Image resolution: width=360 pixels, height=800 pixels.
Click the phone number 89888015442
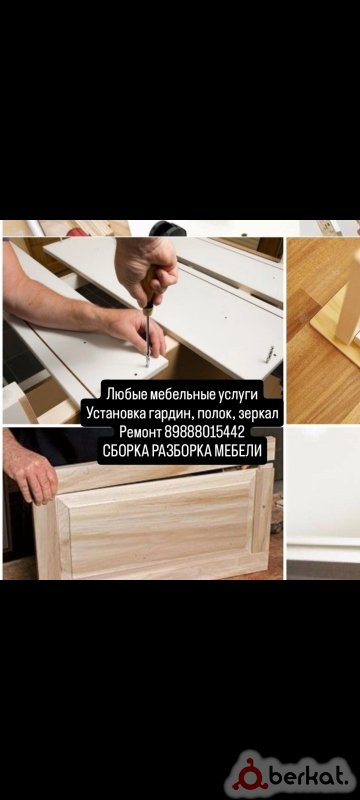point(204,433)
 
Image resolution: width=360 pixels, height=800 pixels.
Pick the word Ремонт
point(140,433)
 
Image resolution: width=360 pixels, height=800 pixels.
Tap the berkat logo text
point(312,777)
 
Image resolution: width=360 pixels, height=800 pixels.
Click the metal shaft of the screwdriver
point(148,338)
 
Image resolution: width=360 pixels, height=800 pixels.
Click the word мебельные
point(182,393)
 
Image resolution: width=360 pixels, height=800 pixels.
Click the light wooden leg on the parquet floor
point(349,305)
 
